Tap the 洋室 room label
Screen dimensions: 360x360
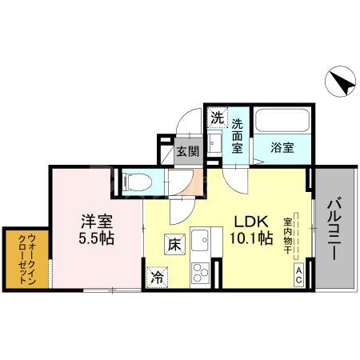(94, 220)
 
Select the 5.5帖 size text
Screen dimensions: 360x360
(94, 238)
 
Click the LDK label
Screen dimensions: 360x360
(250, 221)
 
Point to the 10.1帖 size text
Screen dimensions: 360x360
(250, 238)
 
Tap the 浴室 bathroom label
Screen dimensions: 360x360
(281, 147)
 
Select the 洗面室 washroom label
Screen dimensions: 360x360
(238, 136)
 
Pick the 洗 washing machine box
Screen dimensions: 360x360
(216, 118)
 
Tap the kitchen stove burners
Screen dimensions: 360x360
(196, 271)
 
